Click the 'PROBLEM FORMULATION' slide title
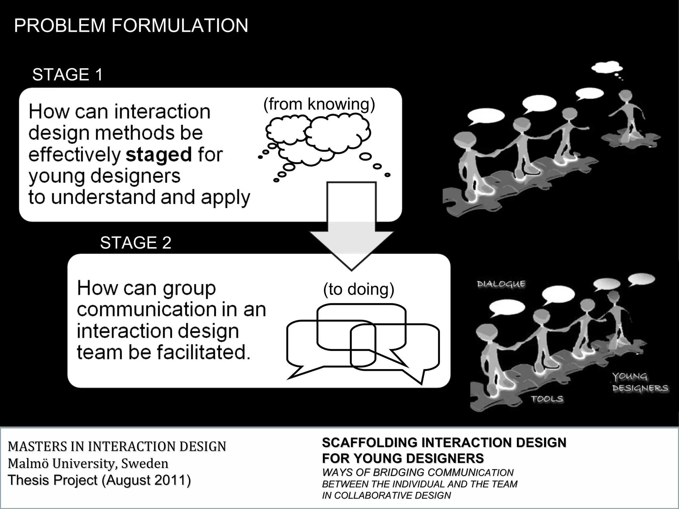point(131,26)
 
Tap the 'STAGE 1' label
point(67,75)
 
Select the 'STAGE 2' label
point(136,243)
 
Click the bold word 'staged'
point(159,155)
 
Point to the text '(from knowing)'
point(319,104)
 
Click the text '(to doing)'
point(358,289)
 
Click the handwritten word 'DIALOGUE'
point(501,284)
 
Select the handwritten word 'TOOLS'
point(547,399)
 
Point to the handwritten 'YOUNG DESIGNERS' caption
point(639,382)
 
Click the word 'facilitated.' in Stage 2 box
point(203,352)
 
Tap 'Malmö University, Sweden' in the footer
point(88,463)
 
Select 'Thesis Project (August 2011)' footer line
point(99,480)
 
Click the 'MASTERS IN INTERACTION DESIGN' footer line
point(117,446)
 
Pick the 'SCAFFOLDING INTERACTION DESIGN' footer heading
point(444,443)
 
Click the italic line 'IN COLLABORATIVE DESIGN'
point(386,495)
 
